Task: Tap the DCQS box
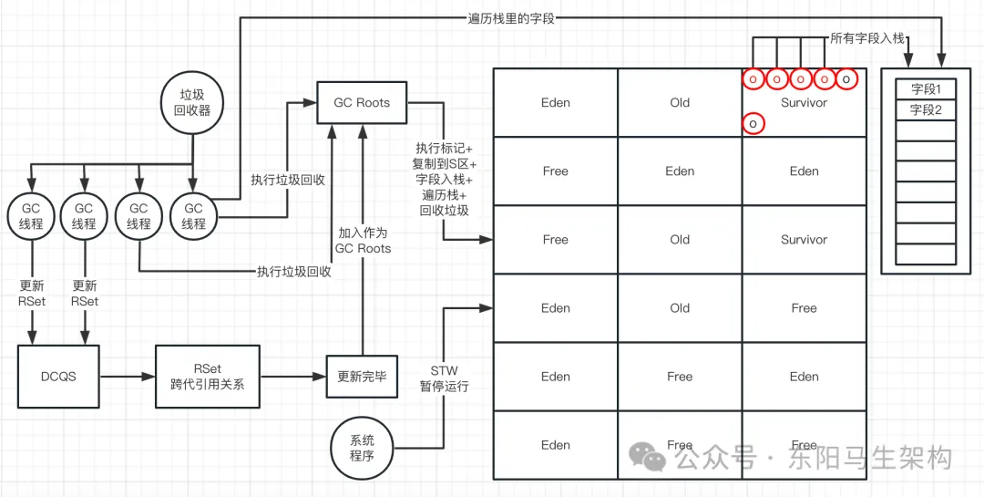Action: pos(57,376)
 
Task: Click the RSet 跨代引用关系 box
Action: pos(207,376)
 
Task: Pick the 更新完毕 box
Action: pos(362,377)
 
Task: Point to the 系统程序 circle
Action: pos(361,448)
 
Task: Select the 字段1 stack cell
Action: pos(926,89)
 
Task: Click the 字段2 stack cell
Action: pos(926,110)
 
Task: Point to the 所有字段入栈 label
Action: pos(867,38)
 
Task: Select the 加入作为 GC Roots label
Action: pos(363,241)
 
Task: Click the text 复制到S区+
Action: pos(445,163)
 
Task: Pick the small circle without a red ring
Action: pos(846,79)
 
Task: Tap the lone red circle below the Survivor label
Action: pos(753,124)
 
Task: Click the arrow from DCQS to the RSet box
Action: pos(127,377)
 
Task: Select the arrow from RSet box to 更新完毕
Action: pos(293,377)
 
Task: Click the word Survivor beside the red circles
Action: pos(804,102)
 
